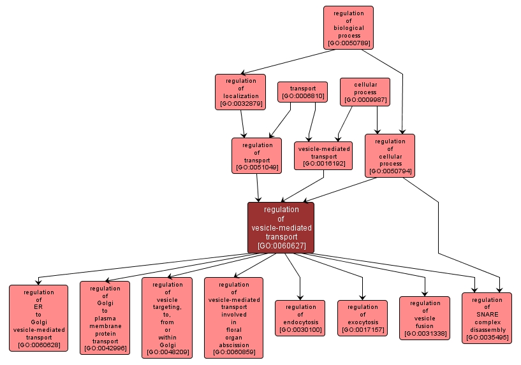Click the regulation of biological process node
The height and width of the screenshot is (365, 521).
tap(348, 28)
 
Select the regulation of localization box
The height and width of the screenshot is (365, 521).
tap(240, 92)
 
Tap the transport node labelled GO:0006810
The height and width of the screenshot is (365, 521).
tap(303, 92)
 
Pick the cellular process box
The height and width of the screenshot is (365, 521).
tap(365, 92)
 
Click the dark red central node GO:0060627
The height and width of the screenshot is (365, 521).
tap(281, 227)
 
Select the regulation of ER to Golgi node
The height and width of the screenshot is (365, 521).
tap(38, 318)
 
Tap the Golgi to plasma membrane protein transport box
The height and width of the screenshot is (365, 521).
tap(105, 318)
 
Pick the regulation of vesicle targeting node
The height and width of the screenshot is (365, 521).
tap(167, 317)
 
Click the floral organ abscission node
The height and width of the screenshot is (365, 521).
tap(233, 318)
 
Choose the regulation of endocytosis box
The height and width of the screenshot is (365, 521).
tap(300, 318)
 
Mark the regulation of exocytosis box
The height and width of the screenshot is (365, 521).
tap(362, 318)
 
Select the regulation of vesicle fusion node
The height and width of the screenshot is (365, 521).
tap(425, 318)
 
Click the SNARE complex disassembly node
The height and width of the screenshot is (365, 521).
tap(487, 318)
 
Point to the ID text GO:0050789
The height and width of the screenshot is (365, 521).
tap(348, 44)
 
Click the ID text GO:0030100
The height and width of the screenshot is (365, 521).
tap(300, 329)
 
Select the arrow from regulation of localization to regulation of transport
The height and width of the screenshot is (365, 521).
tap(242, 123)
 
